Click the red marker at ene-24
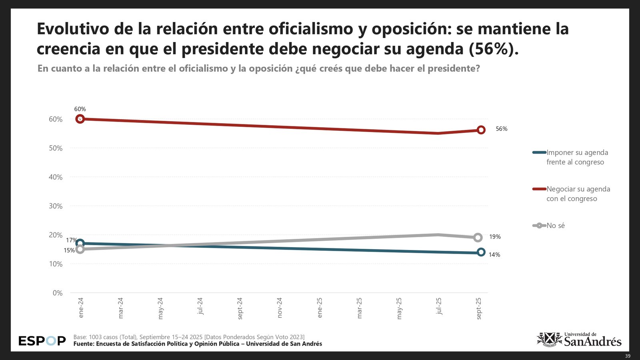(x=80, y=119)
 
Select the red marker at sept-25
(x=481, y=130)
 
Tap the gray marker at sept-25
(x=478, y=237)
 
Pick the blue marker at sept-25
(x=481, y=252)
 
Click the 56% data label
(x=501, y=129)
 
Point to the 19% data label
(x=495, y=237)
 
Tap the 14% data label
(x=494, y=255)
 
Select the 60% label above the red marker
(x=80, y=109)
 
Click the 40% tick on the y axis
(x=56, y=177)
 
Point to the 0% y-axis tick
(x=58, y=293)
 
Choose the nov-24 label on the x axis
(x=280, y=308)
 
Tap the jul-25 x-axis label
(x=439, y=306)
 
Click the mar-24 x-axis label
(x=120, y=308)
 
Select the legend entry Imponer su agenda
(x=577, y=157)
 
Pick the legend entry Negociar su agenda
(x=578, y=194)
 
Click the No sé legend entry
(x=555, y=226)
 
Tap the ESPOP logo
(x=42, y=341)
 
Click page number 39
(x=628, y=356)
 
